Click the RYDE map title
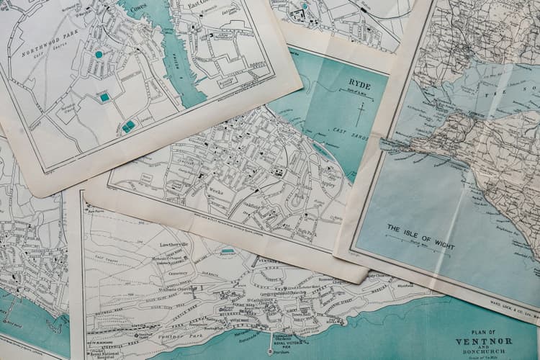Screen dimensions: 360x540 click(x=359, y=84)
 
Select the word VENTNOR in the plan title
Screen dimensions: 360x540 click(x=483, y=341)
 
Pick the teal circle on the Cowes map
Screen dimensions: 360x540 click(x=99, y=54)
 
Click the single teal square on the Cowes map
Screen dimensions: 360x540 click(x=104, y=97)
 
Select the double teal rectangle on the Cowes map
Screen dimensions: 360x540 click(x=128, y=126)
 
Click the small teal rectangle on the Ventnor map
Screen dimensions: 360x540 click(x=228, y=251)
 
